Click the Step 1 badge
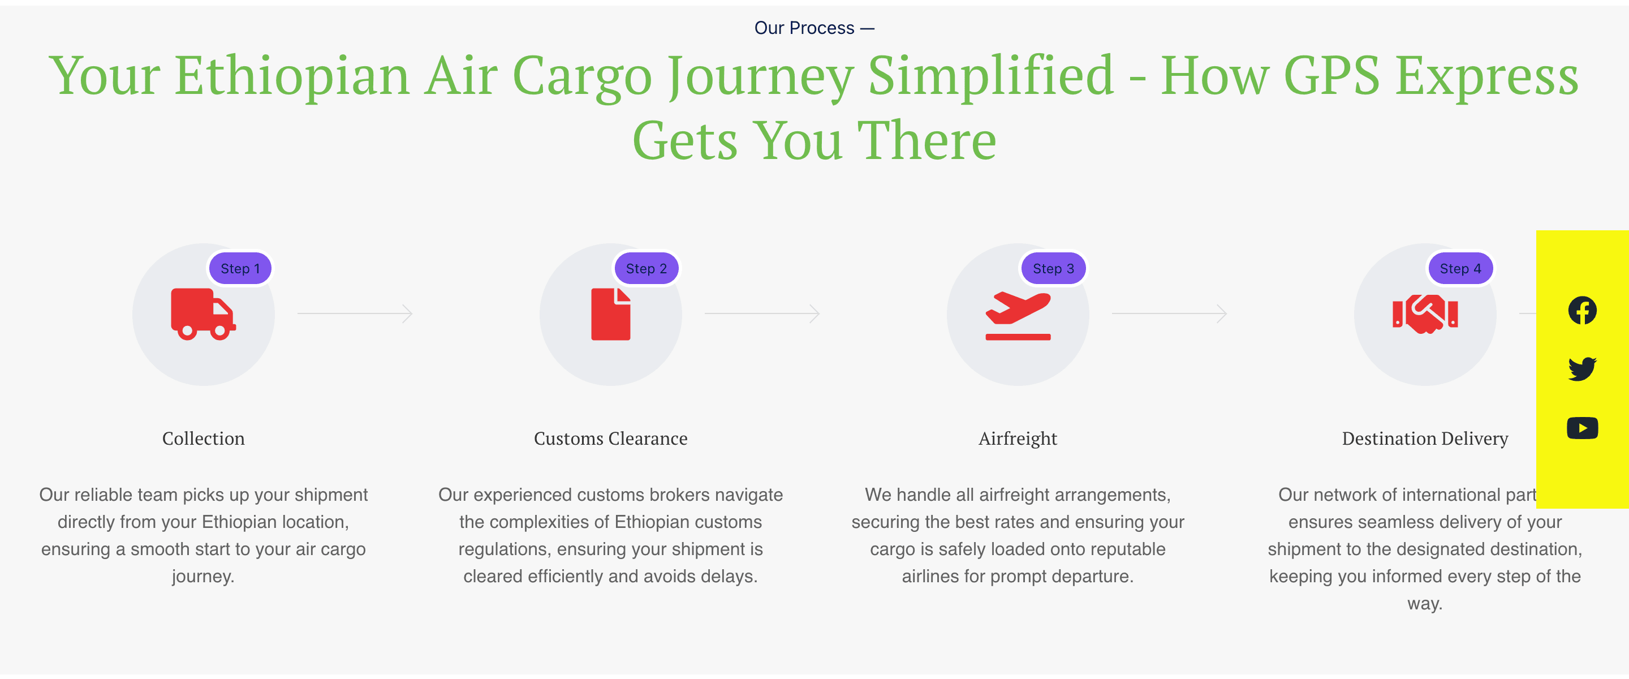coord(240,268)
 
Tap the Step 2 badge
coord(647,268)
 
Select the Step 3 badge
coord(1054,268)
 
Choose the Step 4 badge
coord(1461,268)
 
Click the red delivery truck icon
coord(204,315)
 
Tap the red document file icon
coord(611,315)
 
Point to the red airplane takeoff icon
coord(1018,316)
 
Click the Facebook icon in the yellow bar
coord(1582,310)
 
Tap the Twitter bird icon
coord(1582,369)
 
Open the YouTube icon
coord(1582,428)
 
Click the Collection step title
coord(204,438)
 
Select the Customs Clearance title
coord(611,438)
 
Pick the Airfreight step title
coord(1018,439)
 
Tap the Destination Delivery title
coord(1425,439)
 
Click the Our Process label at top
coord(804,28)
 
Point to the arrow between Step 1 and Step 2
coord(355,313)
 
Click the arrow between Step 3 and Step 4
coord(1170,313)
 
